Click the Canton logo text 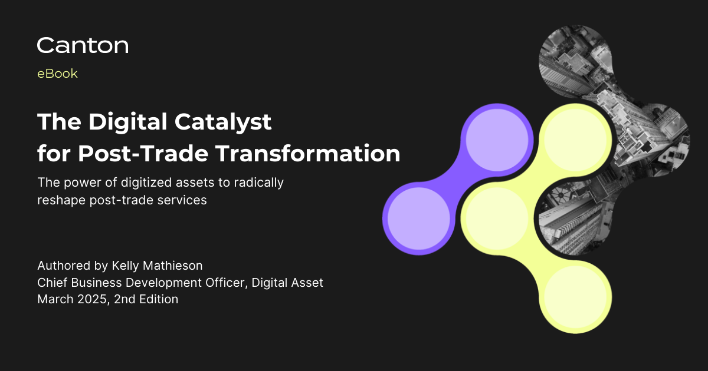click(x=83, y=45)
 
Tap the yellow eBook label click(x=57, y=74)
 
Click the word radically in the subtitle click(x=258, y=183)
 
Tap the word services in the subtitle click(x=183, y=200)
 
